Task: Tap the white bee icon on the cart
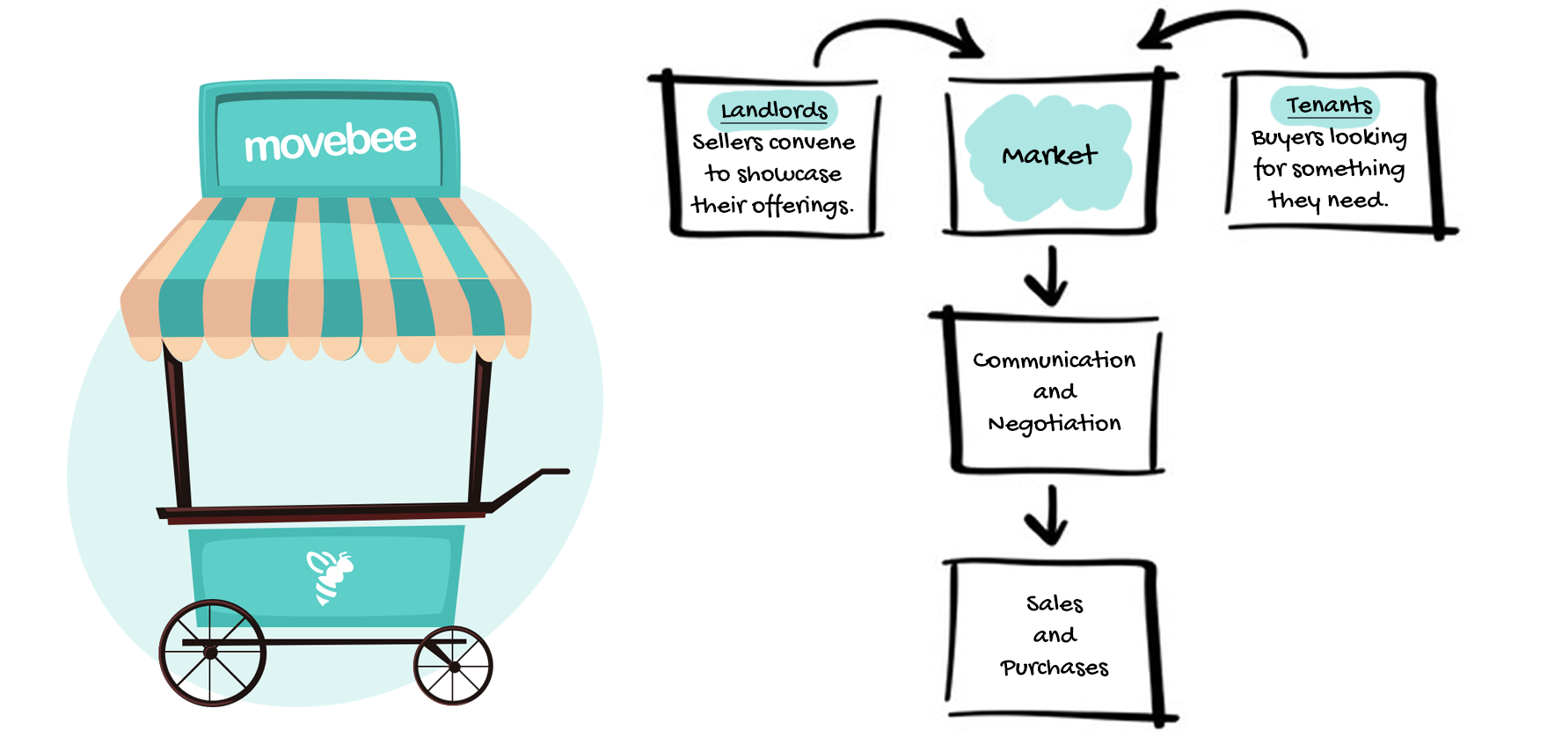(x=329, y=576)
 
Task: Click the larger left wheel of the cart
(x=212, y=653)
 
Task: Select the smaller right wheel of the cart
(x=453, y=666)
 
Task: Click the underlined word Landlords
(x=774, y=111)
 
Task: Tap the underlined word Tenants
(x=1328, y=106)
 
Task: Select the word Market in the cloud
(x=1049, y=156)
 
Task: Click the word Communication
(x=1054, y=360)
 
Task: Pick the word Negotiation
(x=1054, y=424)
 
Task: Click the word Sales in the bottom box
(x=1054, y=603)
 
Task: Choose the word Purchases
(x=1054, y=668)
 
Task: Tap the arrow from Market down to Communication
(x=1047, y=276)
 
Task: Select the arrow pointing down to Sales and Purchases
(x=1047, y=515)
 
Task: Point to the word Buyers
(x=1287, y=138)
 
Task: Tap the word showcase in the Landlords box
(x=789, y=174)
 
